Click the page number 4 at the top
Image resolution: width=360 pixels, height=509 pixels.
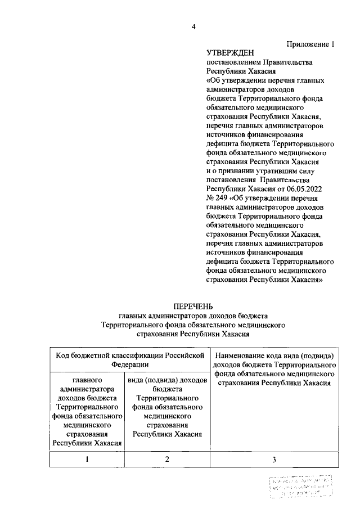(x=193, y=27)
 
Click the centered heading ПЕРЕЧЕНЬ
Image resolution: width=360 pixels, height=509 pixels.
(x=193, y=307)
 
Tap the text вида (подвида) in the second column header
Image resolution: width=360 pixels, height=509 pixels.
(x=151, y=380)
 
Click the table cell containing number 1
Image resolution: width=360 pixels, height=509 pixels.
(x=87, y=460)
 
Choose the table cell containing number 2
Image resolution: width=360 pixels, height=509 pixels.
(x=166, y=460)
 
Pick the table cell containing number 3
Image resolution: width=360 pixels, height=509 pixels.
(x=274, y=460)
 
